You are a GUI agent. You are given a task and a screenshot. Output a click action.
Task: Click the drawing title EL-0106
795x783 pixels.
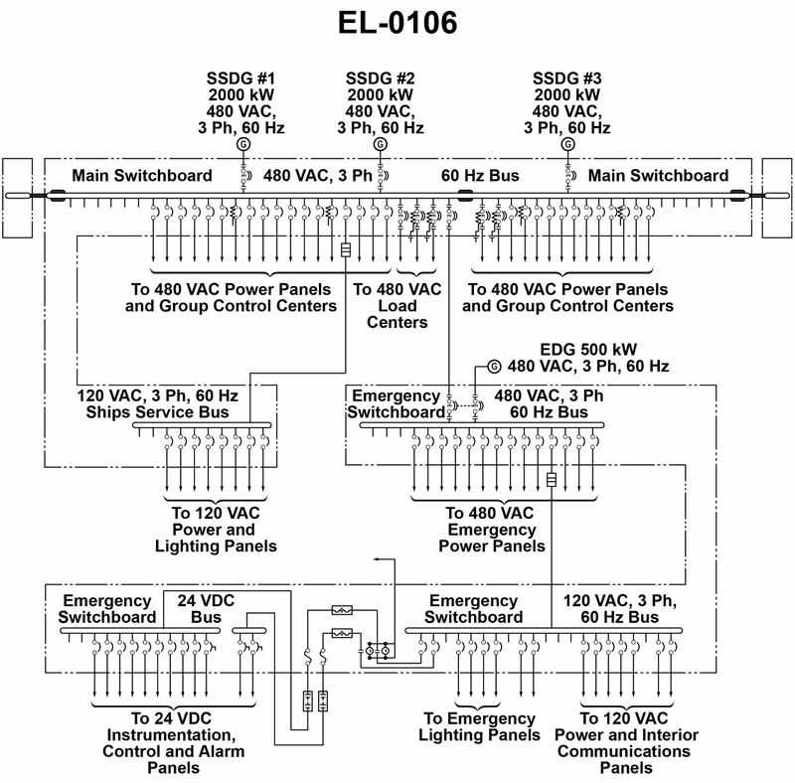pyautogui.click(x=397, y=24)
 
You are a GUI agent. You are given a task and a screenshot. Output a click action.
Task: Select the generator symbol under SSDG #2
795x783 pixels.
pyautogui.click(x=380, y=144)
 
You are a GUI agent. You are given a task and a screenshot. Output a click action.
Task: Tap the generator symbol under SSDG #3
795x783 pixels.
pyautogui.click(x=568, y=144)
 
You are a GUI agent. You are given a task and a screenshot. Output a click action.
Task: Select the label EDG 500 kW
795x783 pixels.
pyautogui.click(x=588, y=350)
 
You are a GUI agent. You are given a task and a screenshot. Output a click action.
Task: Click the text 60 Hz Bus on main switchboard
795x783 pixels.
pyautogui.click(x=480, y=176)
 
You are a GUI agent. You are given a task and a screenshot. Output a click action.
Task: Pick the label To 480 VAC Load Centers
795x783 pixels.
pyautogui.click(x=397, y=305)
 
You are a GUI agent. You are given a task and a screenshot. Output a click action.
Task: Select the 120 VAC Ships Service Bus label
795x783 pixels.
pyautogui.click(x=157, y=403)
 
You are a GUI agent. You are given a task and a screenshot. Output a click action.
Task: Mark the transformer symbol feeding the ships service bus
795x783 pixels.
pyautogui.click(x=346, y=249)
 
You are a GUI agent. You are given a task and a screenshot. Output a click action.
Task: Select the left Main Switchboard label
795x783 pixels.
pyautogui.click(x=141, y=176)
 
